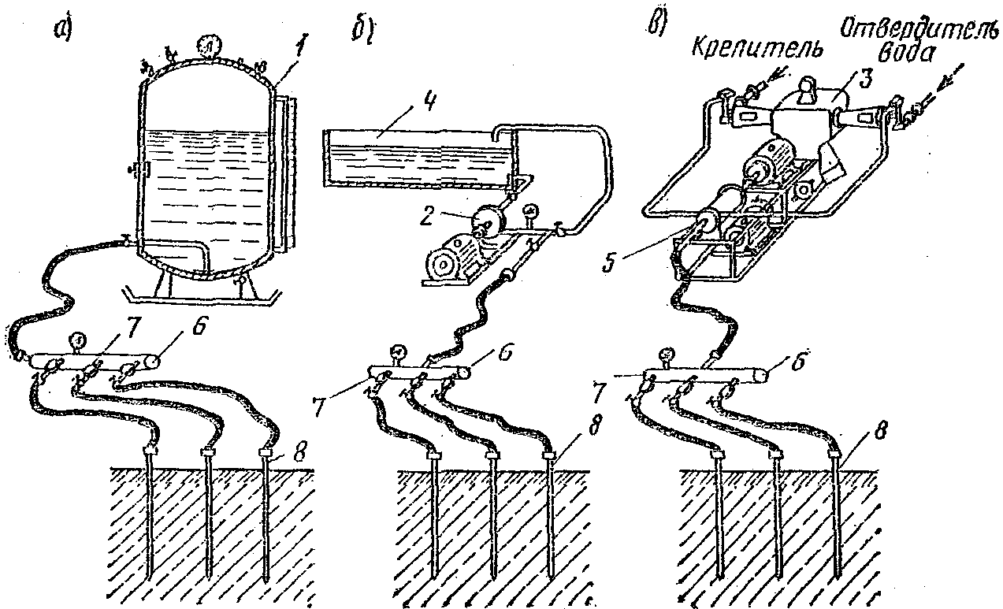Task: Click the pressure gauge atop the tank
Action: tap(208, 44)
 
